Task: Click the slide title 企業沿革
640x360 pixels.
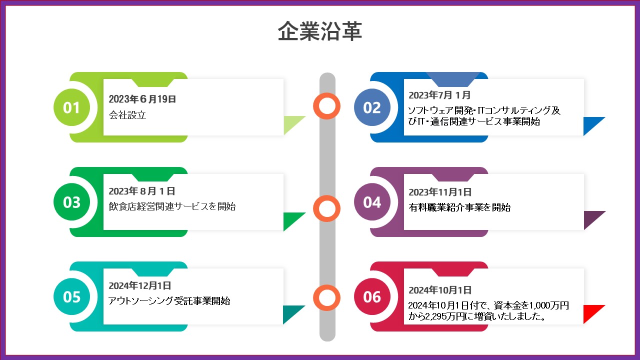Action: click(x=320, y=31)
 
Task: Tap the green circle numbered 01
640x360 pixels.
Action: click(x=71, y=107)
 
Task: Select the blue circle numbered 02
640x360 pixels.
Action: click(x=372, y=107)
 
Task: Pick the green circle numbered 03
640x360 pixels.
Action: click(x=71, y=202)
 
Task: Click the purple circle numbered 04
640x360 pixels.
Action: click(x=372, y=202)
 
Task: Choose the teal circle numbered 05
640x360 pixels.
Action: click(x=71, y=296)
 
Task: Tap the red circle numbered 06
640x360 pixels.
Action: click(x=372, y=296)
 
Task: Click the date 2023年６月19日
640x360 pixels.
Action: click(x=142, y=99)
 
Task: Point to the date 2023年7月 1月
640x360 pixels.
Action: click(x=439, y=95)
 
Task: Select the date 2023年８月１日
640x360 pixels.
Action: click(x=142, y=191)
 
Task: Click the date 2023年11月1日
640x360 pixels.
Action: click(x=440, y=192)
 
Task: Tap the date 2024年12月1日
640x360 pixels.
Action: click(x=140, y=286)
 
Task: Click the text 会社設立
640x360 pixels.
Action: click(x=127, y=115)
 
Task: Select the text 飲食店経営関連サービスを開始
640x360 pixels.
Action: click(x=172, y=206)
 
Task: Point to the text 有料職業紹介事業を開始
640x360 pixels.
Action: click(x=459, y=207)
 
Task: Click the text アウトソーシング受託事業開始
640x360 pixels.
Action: click(x=169, y=301)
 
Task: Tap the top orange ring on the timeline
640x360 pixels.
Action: click(x=327, y=105)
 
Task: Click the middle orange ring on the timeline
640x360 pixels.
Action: click(x=327, y=208)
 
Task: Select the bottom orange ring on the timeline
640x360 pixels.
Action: click(x=327, y=298)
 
